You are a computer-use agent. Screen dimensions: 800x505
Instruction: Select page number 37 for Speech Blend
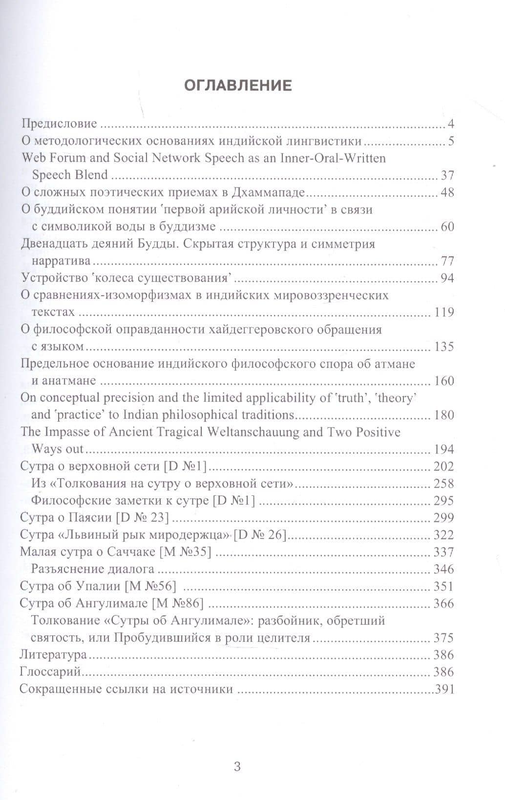coord(447,175)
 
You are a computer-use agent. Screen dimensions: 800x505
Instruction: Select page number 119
coord(443,312)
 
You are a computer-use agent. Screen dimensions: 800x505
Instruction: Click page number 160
coord(443,381)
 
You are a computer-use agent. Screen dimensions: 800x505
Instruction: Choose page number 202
coord(443,466)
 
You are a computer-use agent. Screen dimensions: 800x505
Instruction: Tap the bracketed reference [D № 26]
coord(259,535)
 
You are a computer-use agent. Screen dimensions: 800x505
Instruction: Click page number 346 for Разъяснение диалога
coord(443,569)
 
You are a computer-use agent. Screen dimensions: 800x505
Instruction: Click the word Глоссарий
coord(50,672)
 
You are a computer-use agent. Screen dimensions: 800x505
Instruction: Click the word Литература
coord(53,655)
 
